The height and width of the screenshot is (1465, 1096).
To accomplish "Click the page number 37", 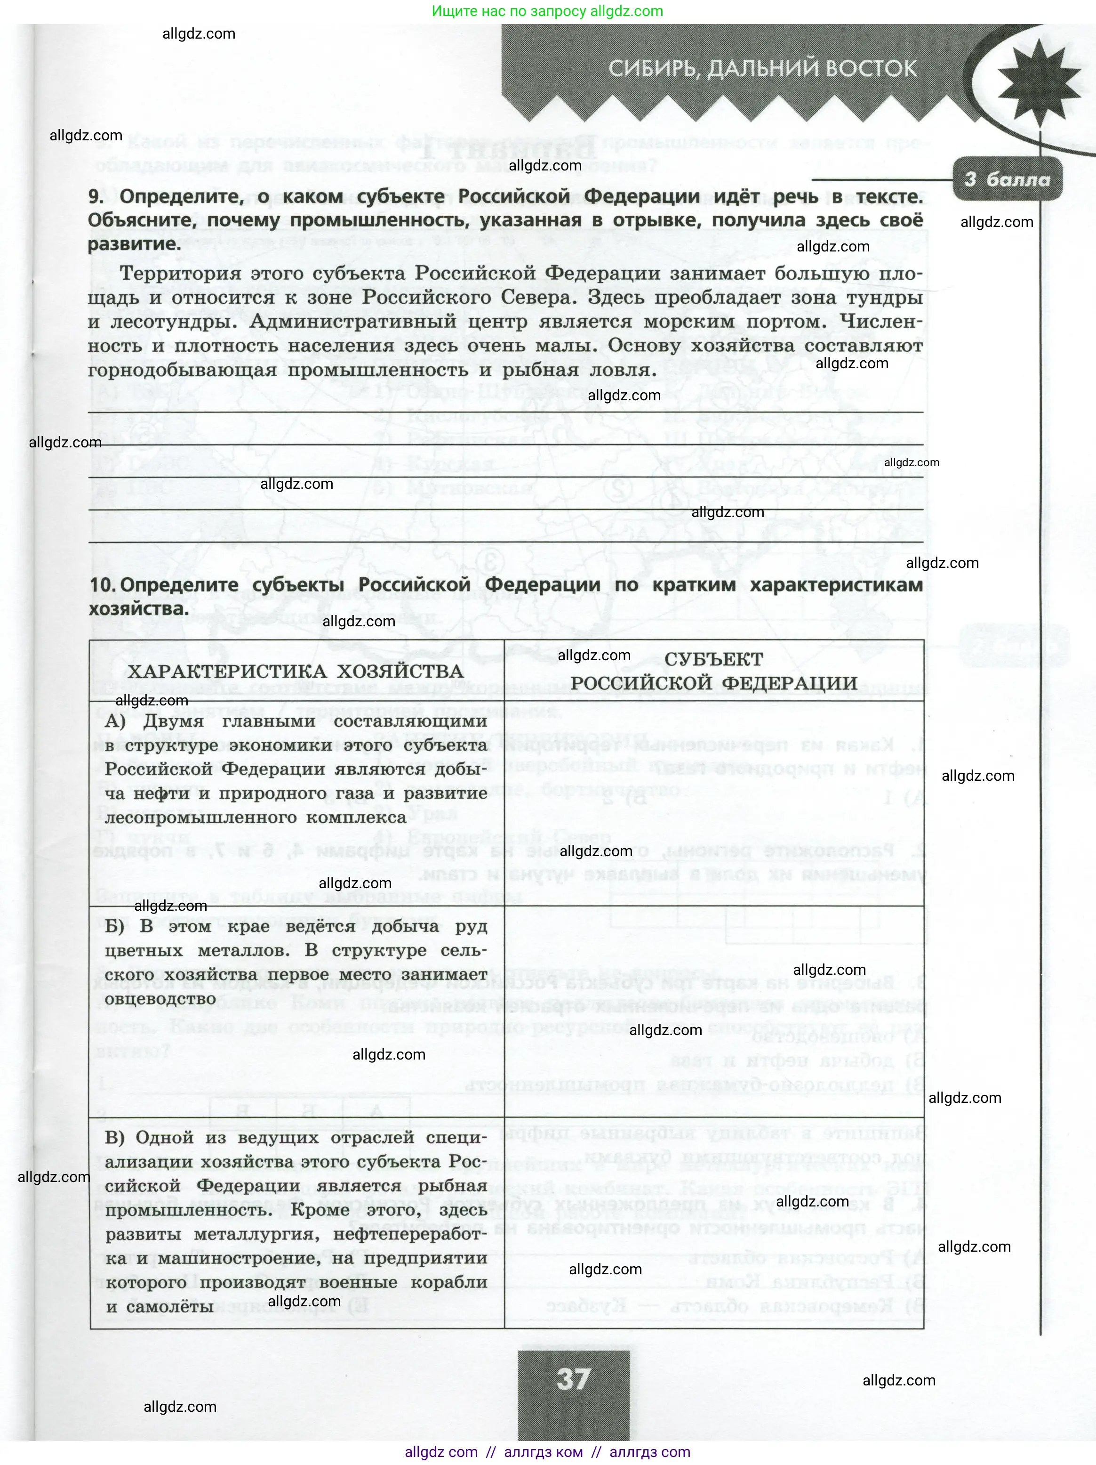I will [573, 1380].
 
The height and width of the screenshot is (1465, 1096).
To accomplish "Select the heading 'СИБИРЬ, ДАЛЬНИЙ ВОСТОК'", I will [762, 68].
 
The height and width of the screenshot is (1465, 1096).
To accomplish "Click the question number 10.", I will [103, 585].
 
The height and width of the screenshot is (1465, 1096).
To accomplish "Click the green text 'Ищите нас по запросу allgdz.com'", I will [547, 11].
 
